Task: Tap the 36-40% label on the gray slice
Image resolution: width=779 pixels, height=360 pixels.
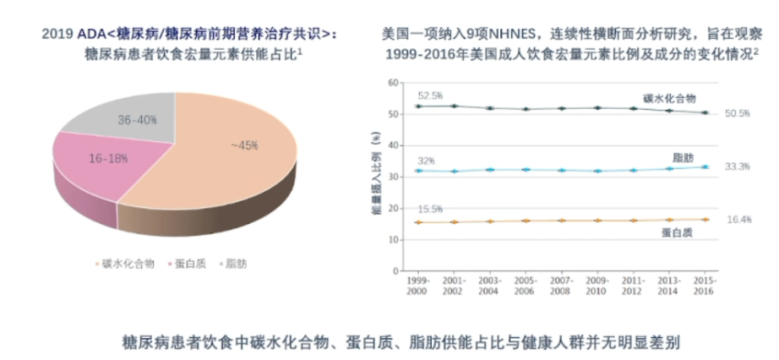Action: (137, 120)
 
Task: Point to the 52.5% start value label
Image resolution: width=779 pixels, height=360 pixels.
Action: (430, 95)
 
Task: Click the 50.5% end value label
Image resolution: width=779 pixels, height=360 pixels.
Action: (738, 113)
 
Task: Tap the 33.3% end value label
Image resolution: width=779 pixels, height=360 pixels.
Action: (738, 167)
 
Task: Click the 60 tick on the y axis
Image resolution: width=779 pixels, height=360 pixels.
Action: (391, 83)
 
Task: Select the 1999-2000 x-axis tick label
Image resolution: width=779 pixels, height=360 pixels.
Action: (418, 285)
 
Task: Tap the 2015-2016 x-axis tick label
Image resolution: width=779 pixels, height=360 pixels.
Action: (704, 285)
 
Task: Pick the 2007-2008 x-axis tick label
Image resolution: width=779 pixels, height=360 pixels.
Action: (561, 285)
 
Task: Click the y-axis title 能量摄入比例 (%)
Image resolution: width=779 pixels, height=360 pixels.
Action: (374, 180)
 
